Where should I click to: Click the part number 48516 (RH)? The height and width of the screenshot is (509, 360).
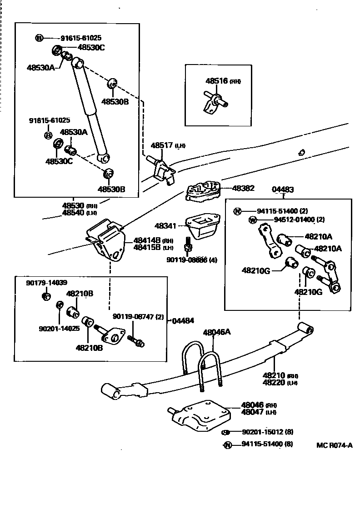223,81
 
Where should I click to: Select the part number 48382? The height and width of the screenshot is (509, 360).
244,188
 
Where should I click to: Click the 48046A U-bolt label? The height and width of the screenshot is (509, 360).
217,332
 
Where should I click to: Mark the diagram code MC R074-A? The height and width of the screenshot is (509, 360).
335,445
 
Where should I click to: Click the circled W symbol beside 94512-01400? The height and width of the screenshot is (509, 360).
253,220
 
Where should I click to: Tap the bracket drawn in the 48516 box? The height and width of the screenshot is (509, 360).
211,102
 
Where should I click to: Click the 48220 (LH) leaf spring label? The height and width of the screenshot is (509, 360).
280,383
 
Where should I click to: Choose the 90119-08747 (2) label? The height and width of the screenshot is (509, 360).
138,316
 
